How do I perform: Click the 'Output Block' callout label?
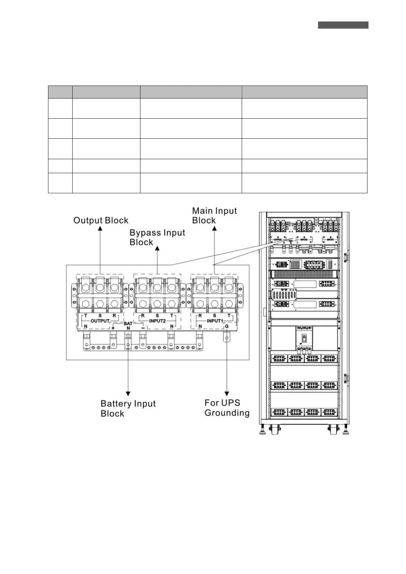click(x=101, y=221)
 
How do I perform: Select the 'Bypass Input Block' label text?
click(x=157, y=238)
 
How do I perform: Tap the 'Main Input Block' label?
click(x=214, y=215)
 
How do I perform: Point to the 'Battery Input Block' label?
click(x=128, y=408)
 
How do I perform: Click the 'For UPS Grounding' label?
click(x=227, y=408)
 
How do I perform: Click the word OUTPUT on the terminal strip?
click(x=100, y=321)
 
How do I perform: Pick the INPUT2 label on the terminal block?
click(x=157, y=321)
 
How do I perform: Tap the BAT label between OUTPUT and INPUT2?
click(x=128, y=323)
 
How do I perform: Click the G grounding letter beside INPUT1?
click(x=227, y=327)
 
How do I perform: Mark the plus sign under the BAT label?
click(x=113, y=328)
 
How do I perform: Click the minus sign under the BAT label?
click(x=143, y=328)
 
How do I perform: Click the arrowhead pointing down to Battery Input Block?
click(x=128, y=394)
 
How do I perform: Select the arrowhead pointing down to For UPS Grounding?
click(x=227, y=394)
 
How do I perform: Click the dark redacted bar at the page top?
click(x=343, y=25)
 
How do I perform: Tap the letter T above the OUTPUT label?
click(x=86, y=316)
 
